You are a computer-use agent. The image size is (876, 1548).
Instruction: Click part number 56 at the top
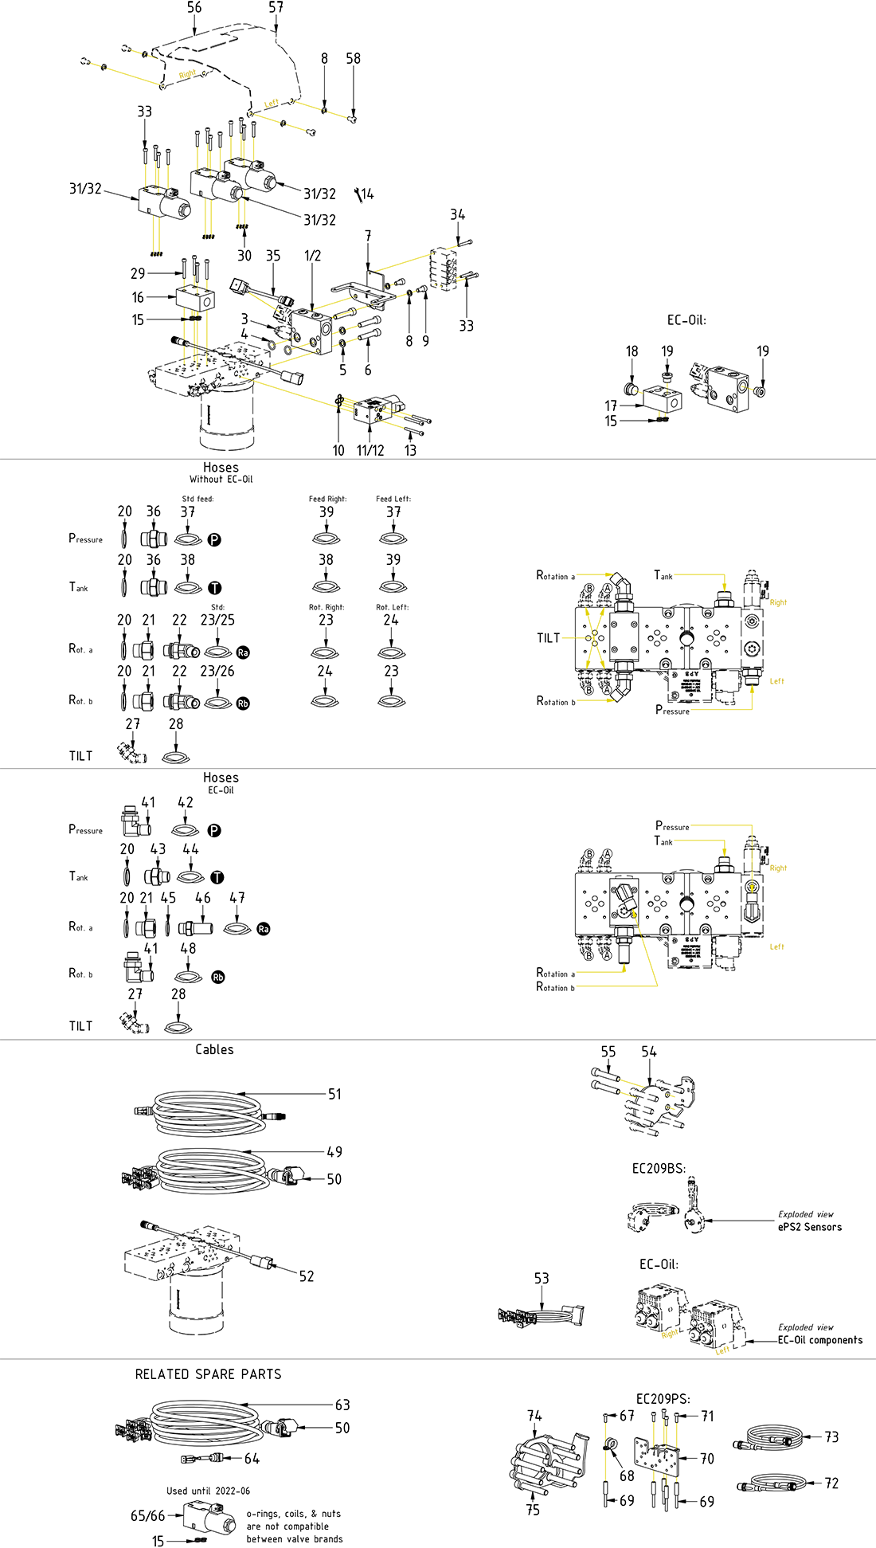point(194,8)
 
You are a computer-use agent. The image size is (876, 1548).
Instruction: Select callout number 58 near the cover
point(353,59)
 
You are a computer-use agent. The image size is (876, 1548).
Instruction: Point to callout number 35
point(273,256)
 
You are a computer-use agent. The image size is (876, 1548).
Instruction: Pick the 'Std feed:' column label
point(197,499)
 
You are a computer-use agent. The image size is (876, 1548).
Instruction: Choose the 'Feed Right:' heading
point(327,499)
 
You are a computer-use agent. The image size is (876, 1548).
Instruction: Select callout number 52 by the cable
point(307,1276)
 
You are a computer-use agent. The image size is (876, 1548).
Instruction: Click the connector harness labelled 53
point(542,1315)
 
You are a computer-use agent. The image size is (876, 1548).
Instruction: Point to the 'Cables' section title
point(214,1050)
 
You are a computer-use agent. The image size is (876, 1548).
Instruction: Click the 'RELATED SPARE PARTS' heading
point(208,1374)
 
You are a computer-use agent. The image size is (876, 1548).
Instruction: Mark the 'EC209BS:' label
point(659,1169)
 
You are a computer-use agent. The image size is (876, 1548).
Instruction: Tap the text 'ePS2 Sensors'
point(809,1227)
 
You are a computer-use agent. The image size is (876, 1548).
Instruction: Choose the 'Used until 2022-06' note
point(208,1491)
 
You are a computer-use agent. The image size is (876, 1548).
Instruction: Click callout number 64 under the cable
point(252,1459)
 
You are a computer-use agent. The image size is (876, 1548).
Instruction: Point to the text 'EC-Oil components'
point(819,1340)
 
